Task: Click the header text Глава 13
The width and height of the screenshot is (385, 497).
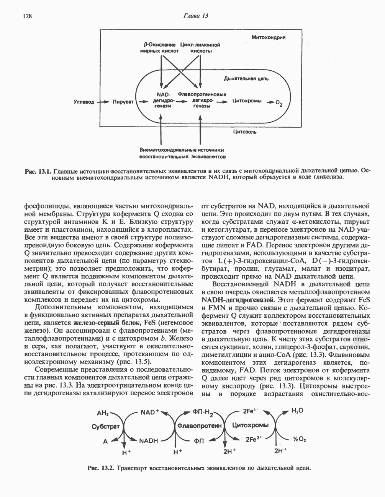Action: (x=195, y=16)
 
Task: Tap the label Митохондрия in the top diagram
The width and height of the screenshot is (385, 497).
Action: (x=268, y=37)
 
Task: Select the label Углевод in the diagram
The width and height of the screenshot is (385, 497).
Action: (x=84, y=102)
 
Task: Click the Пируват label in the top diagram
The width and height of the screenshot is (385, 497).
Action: (x=123, y=102)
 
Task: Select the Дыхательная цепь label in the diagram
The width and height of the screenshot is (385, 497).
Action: (x=246, y=79)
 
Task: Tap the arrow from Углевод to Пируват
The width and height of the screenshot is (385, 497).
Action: (x=102, y=102)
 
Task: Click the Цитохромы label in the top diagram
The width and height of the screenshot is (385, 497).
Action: (x=247, y=101)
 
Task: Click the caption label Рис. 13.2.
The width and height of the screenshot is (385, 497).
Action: (x=101, y=468)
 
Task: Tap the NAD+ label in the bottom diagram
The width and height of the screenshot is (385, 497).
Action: (x=149, y=412)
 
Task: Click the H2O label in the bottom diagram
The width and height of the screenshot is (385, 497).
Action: (x=297, y=411)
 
